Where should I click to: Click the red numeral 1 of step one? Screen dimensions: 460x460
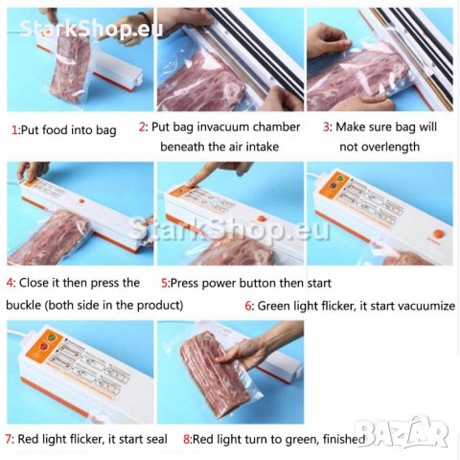coord(14,130)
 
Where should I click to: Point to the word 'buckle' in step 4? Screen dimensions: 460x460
coord(23,305)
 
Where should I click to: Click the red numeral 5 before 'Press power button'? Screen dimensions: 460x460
coord(165,283)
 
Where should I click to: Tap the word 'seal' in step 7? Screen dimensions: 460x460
coord(156,439)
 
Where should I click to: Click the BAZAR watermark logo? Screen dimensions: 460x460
coord(402,432)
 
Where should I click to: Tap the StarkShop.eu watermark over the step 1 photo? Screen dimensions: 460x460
coord(91,28)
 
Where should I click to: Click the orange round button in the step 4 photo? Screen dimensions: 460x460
coord(81,201)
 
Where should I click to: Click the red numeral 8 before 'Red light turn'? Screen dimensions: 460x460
coord(187,439)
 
